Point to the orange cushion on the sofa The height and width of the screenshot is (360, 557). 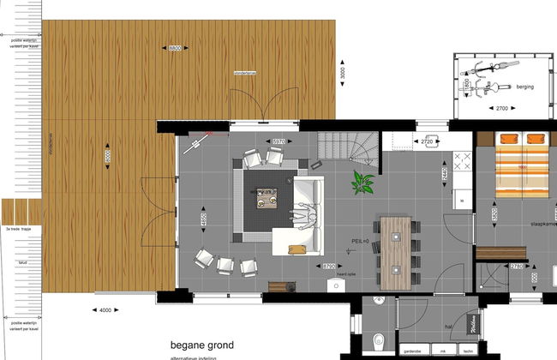point(296,249)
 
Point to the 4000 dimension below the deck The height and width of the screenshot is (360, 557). point(105,309)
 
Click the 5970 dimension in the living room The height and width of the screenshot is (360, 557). point(277,141)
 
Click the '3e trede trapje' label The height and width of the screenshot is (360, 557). point(18,230)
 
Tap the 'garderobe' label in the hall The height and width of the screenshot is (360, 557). point(411,351)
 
